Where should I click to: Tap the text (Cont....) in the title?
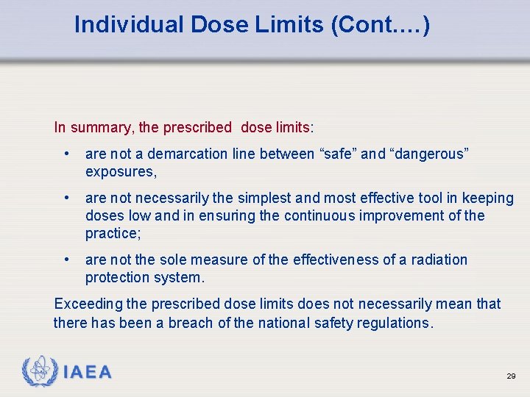point(381,25)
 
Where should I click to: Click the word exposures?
point(119,171)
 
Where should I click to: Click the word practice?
point(111,233)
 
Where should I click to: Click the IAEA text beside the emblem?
point(88,373)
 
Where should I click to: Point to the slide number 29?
point(511,376)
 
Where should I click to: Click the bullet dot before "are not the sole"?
point(67,260)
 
